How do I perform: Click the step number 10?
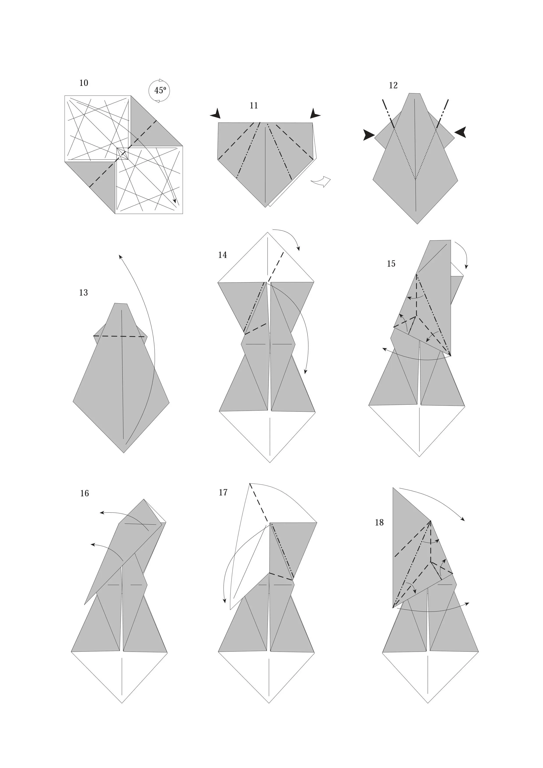[84, 83]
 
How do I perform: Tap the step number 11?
[254, 106]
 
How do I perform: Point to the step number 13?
[84, 293]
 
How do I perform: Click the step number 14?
[222, 255]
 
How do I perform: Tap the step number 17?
[223, 492]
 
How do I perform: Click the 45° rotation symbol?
[159, 91]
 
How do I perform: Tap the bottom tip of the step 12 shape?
[417, 223]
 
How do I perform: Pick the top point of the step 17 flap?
[250, 484]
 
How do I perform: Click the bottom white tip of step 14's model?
[270, 462]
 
